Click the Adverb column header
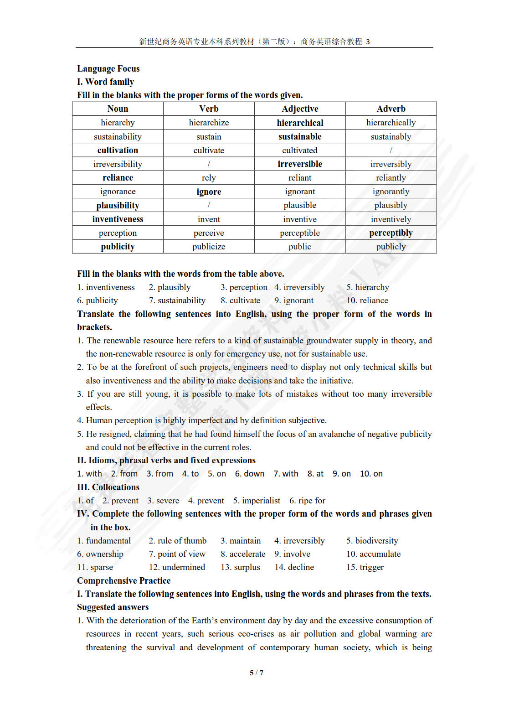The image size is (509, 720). click(x=391, y=109)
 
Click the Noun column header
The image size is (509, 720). click(x=118, y=109)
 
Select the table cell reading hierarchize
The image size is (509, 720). click(x=209, y=123)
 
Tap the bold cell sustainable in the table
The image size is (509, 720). click(x=300, y=136)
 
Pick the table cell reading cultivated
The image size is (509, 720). click(x=300, y=150)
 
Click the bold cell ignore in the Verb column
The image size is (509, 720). click(x=209, y=192)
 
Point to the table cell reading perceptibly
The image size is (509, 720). click(x=391, y=233)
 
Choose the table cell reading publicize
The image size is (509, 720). click(x=209, y=246)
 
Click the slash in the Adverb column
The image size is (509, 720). click(x=391, y=150)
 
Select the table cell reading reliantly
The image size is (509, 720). click(x=391, y=177)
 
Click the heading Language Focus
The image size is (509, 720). click(x=108, y=68)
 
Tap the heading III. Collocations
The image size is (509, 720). click(x=108, y=487)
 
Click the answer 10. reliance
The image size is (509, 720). click(x=367, y=300)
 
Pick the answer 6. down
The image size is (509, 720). click(x=250, y=474)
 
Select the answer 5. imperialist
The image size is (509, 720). click(x=257, y=500)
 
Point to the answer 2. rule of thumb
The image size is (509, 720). click(x=178, y=540)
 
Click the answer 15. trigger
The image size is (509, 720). click(x=365, y=567)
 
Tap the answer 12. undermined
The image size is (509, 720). click(x=177, y=567)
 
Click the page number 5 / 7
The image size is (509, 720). click(x=257, y=673)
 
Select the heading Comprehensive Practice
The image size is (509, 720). click(x=123, y=580)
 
